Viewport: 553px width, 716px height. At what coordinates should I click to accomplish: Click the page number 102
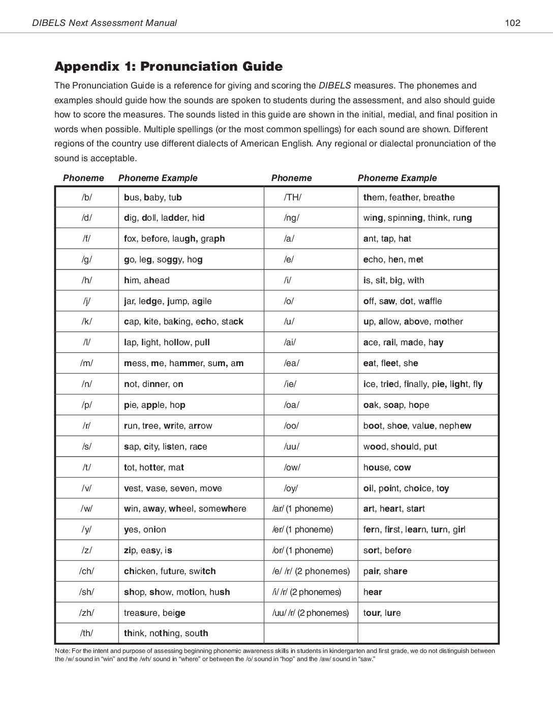[512, 22]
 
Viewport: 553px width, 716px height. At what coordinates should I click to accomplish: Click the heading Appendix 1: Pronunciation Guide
[168, 66]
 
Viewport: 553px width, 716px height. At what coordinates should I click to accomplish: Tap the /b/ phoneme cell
[86, 197]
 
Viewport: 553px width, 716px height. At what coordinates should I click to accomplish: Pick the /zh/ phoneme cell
[86, 613]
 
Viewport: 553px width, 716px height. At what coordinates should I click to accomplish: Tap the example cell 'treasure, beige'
[155, 613]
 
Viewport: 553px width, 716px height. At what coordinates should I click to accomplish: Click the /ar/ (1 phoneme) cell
[302, 509]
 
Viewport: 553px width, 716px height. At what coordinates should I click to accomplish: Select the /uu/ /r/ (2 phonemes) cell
[311, 613]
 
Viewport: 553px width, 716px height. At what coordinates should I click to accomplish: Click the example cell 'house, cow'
[387, 467]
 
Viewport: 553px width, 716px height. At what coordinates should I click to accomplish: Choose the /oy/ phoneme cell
[291, 488]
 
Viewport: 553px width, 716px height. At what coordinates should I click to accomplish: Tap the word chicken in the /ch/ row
[140, 571]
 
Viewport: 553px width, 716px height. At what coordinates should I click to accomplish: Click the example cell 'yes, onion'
[145, 529]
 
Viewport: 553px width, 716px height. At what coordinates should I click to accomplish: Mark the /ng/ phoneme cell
[292, 218]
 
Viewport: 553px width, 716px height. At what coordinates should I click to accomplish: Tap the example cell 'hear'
[373, 592]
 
